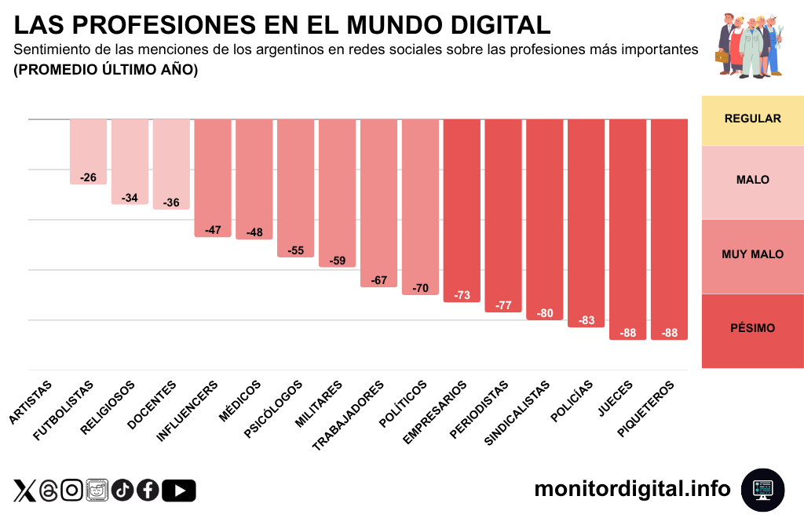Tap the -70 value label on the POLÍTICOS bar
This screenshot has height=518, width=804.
[420, 288]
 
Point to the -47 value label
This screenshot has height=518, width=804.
[213, 230]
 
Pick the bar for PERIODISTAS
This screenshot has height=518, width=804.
[503, 216]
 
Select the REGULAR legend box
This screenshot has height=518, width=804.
[752, 119]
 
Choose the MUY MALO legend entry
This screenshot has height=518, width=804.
[752, 255]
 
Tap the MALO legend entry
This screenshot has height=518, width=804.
[752, 181]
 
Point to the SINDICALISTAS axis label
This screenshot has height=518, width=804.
[517, 412]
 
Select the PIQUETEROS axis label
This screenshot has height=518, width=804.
[646, 408]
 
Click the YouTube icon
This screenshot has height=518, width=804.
[179, 491]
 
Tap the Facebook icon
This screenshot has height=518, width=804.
[148, 491]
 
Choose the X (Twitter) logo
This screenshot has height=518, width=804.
[24, 491]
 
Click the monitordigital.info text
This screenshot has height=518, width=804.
[632, 489]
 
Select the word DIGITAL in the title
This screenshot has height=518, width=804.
[481, 24]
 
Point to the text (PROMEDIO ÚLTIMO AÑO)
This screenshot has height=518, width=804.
[106, 70]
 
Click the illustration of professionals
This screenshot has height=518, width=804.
[750, 46]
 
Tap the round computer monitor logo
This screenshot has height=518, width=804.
[762, 490]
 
